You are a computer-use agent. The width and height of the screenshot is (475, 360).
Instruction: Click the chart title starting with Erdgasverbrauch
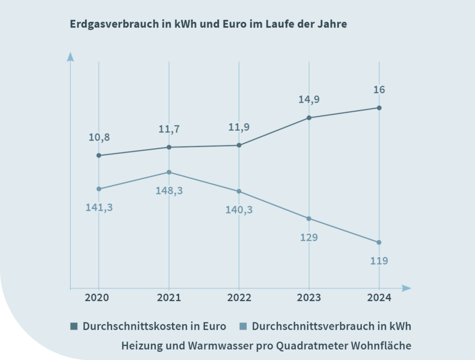[x=208, y=25]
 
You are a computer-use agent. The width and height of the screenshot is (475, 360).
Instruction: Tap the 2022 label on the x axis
[x=239, y=298]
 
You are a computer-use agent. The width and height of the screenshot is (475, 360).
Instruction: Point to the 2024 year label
[x=379, y=298]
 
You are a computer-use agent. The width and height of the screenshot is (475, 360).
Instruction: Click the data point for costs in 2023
[x=309, y=118]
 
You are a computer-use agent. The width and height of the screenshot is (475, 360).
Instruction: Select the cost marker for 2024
[x=379, y=108]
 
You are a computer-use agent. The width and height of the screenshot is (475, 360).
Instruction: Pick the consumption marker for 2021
[x=169, y=172]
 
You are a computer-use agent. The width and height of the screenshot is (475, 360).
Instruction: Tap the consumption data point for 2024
[x=379, y=242]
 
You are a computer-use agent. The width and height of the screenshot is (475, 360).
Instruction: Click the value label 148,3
[x=169, y=191]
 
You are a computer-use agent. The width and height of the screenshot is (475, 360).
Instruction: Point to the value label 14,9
[x=309, y=99]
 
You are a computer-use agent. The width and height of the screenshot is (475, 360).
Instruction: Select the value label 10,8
[x=99, y=137]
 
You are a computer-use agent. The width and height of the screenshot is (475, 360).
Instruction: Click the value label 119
[x=379, y=261]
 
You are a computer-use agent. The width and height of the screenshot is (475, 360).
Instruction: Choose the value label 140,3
[x=239, y=210]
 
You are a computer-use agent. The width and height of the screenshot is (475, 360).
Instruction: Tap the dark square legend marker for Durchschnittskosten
[x=74, y=326]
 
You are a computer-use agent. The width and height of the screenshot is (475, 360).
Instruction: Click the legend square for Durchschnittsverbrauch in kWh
[x=243, y=326]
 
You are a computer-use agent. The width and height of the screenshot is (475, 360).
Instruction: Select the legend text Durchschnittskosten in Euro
[x=154, y=326]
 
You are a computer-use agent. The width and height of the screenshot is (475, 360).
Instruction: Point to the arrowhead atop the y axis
[x=70, y=57]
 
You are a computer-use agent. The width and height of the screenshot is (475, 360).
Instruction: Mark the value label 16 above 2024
[x=379, y=90]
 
